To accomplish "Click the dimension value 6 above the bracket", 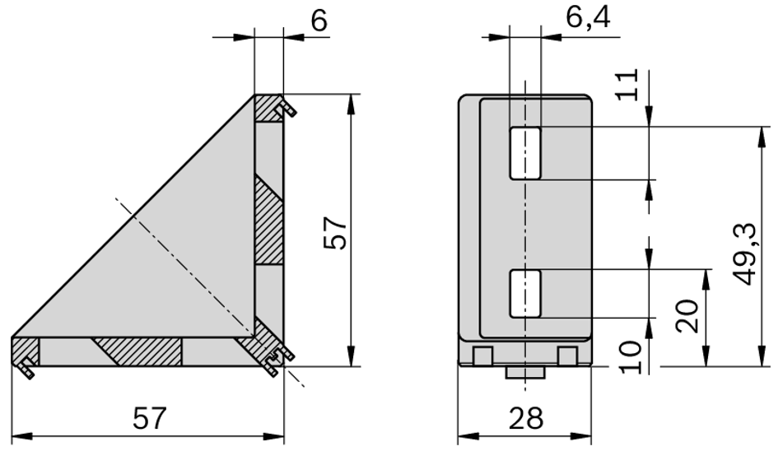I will click(319, 21).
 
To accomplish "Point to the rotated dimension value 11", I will click(627, 84).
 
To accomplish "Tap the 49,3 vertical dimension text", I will click(747, 256).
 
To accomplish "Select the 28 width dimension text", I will click(524, 419).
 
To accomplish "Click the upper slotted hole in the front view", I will click(525, 153).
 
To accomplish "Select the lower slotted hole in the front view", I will click(525, 294).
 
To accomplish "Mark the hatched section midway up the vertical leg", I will click(268, 221).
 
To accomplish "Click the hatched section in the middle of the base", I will click(137, 351).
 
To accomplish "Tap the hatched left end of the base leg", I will click(25, 351).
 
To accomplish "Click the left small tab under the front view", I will click(483, 356).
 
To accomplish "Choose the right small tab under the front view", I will click(566, 356).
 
